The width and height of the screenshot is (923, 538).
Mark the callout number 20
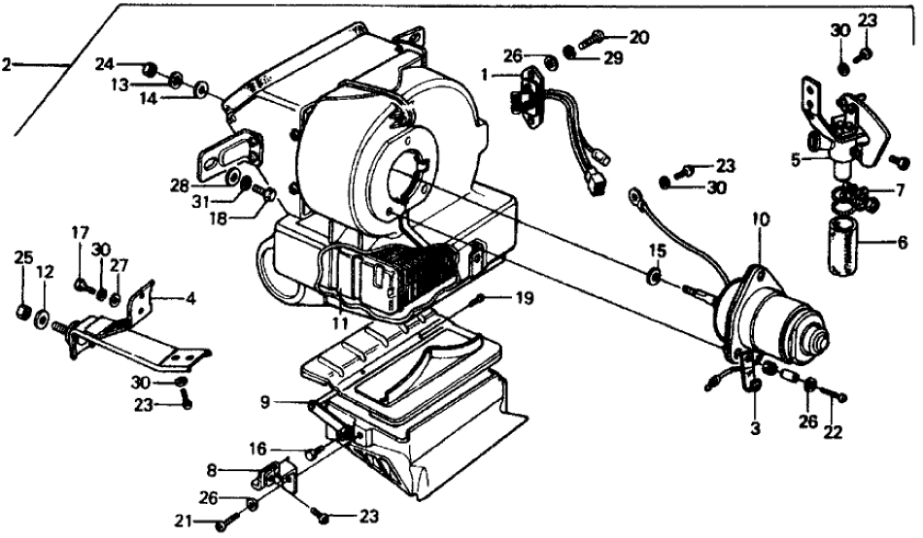point(637,39)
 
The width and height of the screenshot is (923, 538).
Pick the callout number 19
point(524,299)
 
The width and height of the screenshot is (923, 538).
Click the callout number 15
point(657,251)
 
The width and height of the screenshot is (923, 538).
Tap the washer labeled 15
point(658,279)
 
